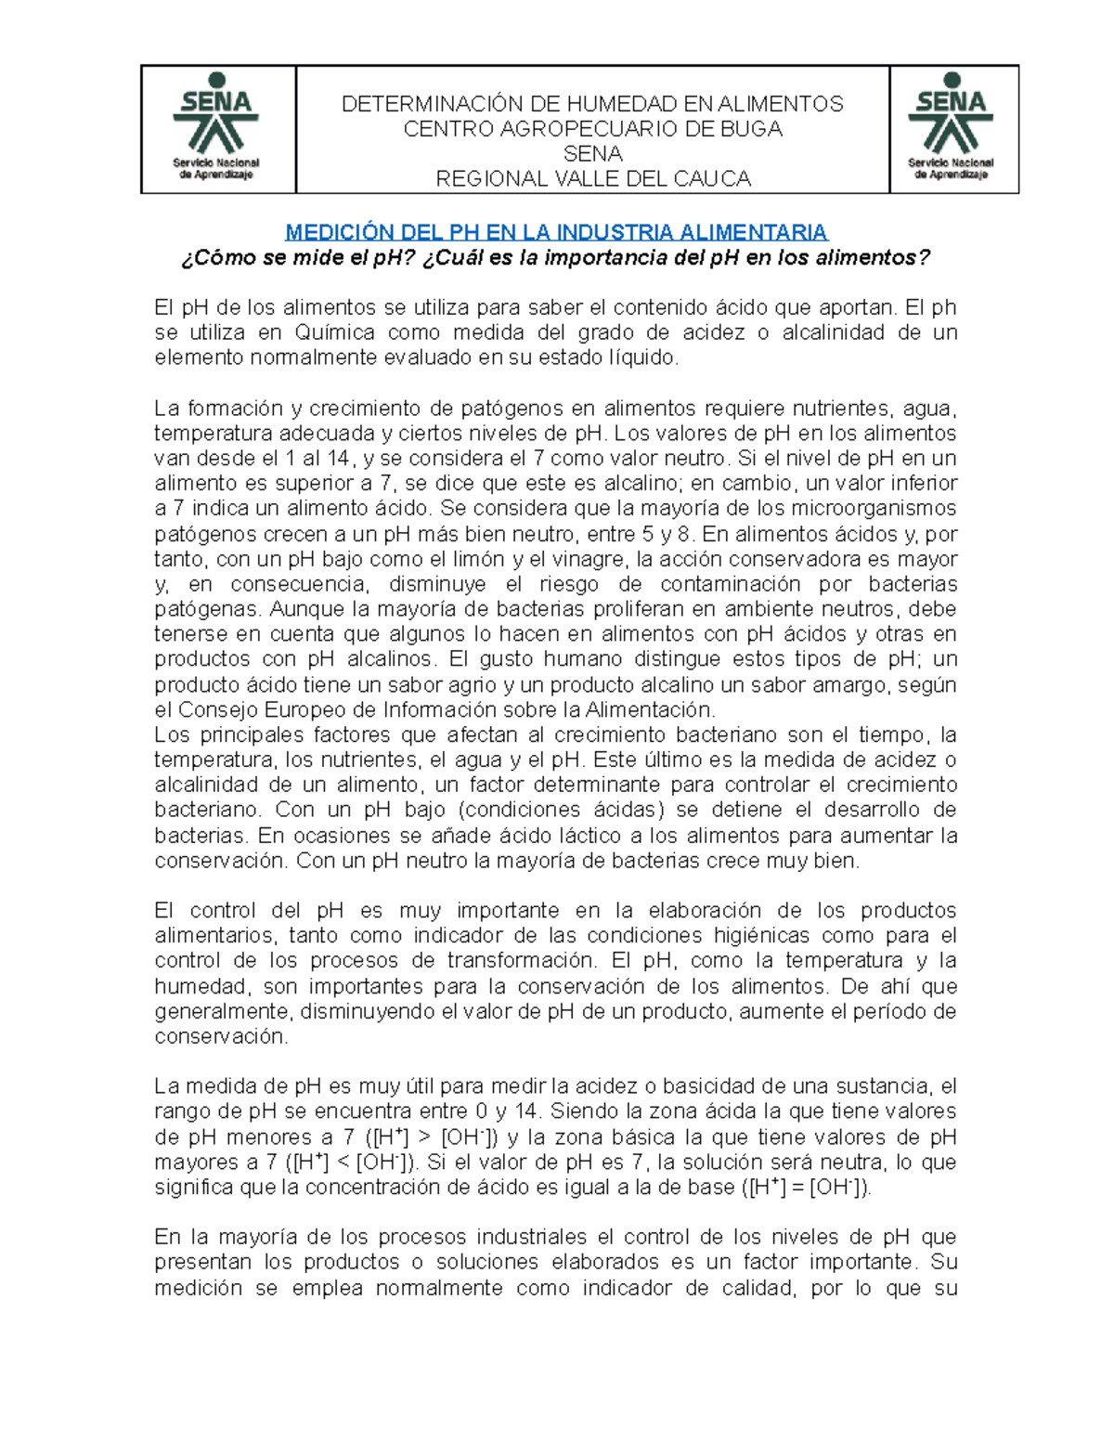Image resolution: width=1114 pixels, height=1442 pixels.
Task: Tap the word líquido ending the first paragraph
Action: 641,358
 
